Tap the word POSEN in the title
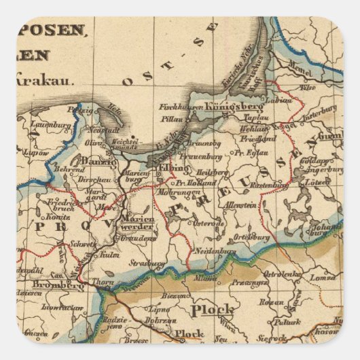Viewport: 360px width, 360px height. (x=59, y=30)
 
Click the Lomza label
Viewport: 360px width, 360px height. (x=323, y=276)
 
